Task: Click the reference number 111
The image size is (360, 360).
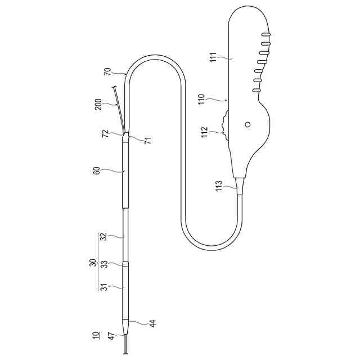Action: point(213,57)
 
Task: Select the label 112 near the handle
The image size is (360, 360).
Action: point(204,132)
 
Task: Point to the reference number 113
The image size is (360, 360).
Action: point(219,186)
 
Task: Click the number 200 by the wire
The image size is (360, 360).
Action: point(98,105)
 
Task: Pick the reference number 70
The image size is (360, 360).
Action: point(107,72)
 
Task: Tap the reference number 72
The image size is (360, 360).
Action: point(105,134)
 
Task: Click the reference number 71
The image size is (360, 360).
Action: point(148,140)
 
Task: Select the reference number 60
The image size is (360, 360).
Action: point(97,170)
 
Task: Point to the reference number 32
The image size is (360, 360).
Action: point(104,237)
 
